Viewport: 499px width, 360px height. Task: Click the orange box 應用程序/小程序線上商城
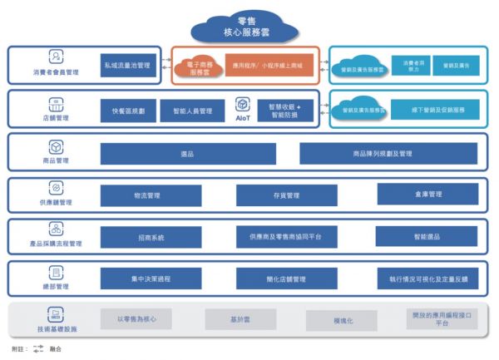269,64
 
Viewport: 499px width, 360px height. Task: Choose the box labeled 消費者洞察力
413,64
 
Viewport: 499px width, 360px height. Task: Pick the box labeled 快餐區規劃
128,111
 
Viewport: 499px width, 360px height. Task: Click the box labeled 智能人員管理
192,111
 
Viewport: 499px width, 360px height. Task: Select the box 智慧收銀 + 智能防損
284,111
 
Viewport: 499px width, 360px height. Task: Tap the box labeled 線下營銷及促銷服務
439,110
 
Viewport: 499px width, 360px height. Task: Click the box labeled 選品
187,154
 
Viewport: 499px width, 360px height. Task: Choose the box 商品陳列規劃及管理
388,154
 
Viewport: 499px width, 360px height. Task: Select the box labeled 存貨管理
286,195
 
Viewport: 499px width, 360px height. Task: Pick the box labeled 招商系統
151,238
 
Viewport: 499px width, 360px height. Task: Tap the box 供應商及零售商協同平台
286,238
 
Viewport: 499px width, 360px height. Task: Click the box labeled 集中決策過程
151,279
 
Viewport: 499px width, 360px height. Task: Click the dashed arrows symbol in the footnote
38,349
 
